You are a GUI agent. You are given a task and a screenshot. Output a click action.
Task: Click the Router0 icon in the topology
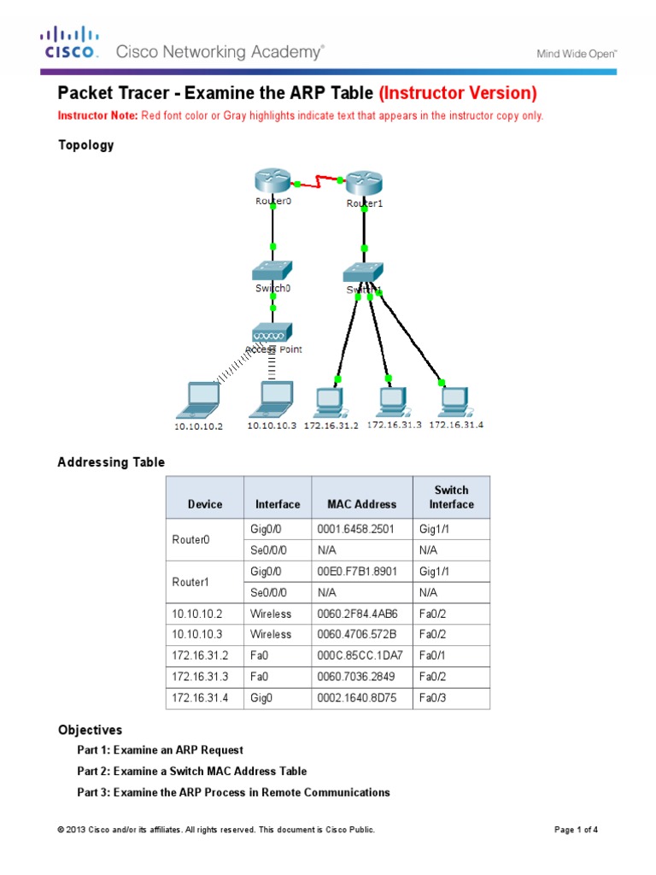pyautogui.click(x=272, y=181)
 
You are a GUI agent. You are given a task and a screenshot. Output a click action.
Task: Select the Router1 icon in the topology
pyautogui.click(x=365, y=183)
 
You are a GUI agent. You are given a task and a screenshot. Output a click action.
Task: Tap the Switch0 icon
pyautogui.click(x=272, y=271)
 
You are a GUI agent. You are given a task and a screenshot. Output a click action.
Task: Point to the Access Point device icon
pyautogui.click(x=272, y=332)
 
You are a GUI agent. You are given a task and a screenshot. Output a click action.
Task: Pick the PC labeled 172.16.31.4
pyautogui.click(x=453, y=399)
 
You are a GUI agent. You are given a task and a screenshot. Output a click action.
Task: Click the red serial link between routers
pyautogui.click(x=319, y=181)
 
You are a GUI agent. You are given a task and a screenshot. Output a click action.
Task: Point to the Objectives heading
pyautogui.click(x=90, y=731)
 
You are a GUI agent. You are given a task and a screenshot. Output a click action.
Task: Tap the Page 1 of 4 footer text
pyautogui.click(x=577, y=830)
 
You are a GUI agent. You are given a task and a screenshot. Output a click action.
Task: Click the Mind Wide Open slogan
pyautogui.click(x=577, y=53)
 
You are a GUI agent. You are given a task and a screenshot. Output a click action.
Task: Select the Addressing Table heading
pyautogui.click(x=111, y=462)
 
